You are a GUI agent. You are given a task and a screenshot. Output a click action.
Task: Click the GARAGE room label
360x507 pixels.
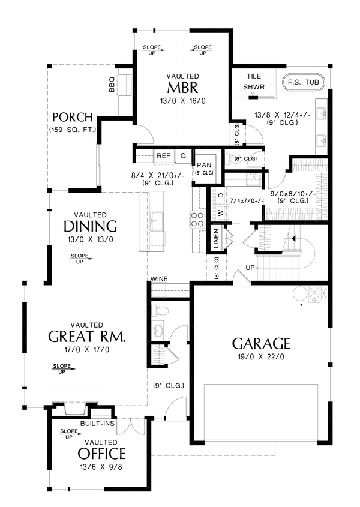(261, 344)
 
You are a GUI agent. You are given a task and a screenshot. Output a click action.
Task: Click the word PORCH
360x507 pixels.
(72, 116)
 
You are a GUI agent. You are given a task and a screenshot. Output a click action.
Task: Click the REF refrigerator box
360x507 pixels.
(163, 156)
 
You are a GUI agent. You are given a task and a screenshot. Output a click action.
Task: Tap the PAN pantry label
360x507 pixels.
(200, 164)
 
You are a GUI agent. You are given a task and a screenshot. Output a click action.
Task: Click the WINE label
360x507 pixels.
(159, 279)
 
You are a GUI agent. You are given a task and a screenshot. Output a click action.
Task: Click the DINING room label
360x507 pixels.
(91, 227)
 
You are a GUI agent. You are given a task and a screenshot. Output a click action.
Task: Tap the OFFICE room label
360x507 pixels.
(101, 454)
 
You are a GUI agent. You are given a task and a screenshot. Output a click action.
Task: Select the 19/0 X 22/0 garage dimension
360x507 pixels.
(261, 358)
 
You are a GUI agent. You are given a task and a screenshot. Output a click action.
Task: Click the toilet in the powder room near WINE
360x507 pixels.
(158, 310)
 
